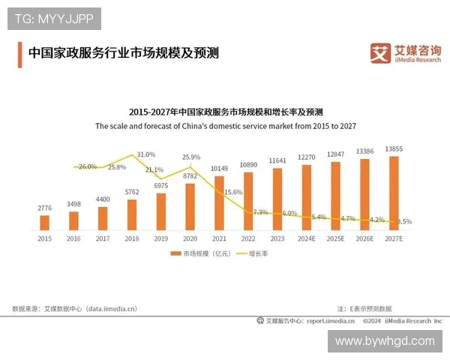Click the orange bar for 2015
(x=44, y=222)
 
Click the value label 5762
(x=132, y=192)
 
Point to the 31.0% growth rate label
(x=146, y=154)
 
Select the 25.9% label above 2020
(x=191, y=157)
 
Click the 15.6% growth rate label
(x=233, y=192)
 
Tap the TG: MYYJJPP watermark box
(x=54, y=19)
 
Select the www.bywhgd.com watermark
(x=385, y=340)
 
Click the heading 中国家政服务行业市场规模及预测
(x=123, y=53)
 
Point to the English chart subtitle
(x=225, y=127)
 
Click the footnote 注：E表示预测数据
(x=364, y=308)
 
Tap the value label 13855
(x=394, y=149)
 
